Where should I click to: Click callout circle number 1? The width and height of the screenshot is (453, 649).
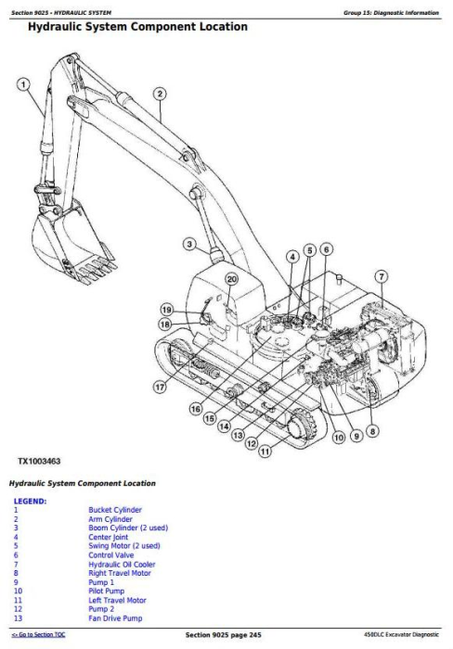pos(23,85)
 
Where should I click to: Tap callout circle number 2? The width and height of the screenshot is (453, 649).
pos(160,94)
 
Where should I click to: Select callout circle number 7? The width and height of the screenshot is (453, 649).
pos(382,276)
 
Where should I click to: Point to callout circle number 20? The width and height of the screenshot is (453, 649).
pos(232,279)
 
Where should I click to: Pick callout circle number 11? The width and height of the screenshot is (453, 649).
pos(265,451)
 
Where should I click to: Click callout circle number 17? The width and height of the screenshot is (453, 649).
pos(160,388)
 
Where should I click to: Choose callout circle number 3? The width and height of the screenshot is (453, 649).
pos(189,244)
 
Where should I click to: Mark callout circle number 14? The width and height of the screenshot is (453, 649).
pos(225,426)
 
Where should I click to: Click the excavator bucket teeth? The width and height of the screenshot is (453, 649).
pos(97,270)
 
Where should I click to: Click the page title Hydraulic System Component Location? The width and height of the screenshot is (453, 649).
pos(137,27)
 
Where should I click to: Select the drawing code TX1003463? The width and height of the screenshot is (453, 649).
pos(39,461)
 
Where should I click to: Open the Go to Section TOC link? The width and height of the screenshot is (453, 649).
pos(38,634)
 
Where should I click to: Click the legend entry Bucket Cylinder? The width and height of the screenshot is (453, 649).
pos(115,510)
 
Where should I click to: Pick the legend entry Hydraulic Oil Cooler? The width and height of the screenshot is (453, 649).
pos(122,564)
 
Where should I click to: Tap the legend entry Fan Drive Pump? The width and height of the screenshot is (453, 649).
pos(115,618)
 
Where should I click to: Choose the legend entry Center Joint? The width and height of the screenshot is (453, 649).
pos(109,537)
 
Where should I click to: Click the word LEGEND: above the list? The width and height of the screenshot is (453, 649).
pos(30,502)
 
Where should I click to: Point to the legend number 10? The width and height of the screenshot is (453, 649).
pos(18,592)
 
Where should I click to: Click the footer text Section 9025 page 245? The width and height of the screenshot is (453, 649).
pos(224,635)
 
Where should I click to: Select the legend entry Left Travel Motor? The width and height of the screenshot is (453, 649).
pos(117,600)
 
